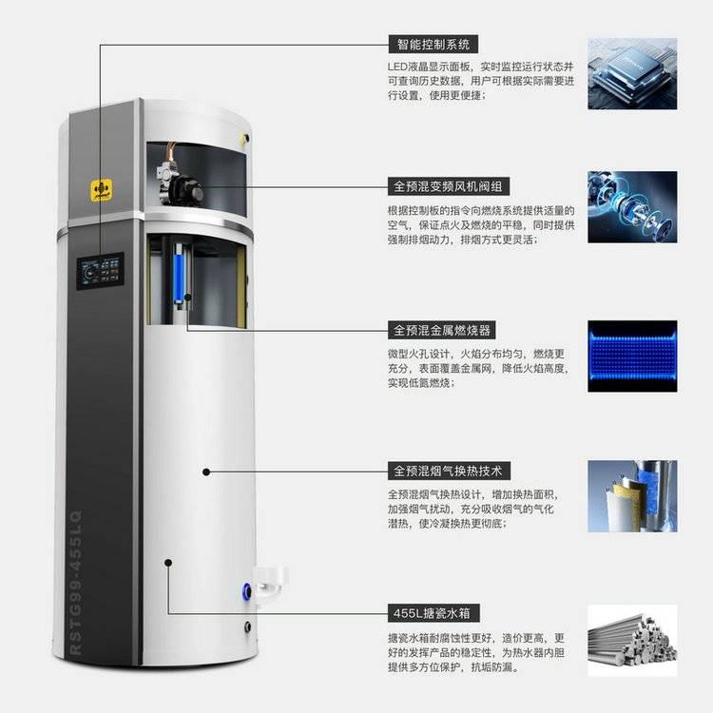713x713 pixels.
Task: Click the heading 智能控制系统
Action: pyautogui.click(x=433, y=45)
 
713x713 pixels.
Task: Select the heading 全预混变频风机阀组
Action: pyautogui.click(x=448, y=186)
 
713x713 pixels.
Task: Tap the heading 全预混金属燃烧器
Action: pyautogui.click(x=441, y=330)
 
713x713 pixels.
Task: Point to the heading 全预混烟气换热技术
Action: pyautogui.click(x=449, y=472)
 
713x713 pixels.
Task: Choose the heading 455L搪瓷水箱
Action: pyautogui.click(x=434, y=613)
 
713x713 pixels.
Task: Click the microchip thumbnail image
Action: pyautogui.click(x=632, y=73)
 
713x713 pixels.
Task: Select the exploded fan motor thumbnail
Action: pyautogui.click(x=632, y=207)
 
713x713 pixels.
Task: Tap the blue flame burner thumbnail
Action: pyautogui.click(x=632, y=356)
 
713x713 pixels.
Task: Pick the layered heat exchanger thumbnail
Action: pyautogui.click(x=632, y=496)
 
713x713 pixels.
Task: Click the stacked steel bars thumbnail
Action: pyautogui.click(x=632, y=640)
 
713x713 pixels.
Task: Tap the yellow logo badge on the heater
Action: pyautogui.click(x=102, y=190)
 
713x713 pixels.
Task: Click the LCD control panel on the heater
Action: pyautogui.click(x=100, y=271)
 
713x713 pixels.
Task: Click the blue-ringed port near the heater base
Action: pyautogui.click(x=247, y=591)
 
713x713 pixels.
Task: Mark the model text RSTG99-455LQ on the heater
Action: pyautogui.click(x=76, y=582)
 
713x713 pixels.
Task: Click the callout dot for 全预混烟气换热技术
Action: pyautogui.click(x=206, y=472)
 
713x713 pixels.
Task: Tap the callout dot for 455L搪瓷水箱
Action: pyautogui.click(x=168, y=563)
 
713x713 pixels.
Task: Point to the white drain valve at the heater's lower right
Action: pyautogui.click(x=272, y=581)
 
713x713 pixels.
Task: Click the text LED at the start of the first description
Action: pyautogui.click(x=397, y=67)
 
